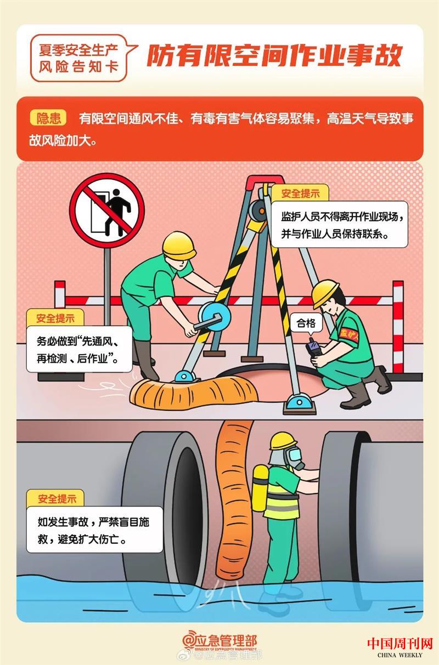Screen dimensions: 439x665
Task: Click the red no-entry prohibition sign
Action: tap(107, 211)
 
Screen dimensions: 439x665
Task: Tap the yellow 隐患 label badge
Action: tap(48, 118)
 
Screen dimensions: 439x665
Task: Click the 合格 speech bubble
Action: tap(306, 323)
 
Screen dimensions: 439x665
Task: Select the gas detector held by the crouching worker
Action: tap(315, 349)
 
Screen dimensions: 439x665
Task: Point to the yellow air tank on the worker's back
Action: tap(260, 492)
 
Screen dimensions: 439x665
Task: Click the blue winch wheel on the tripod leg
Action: tap(215, 317)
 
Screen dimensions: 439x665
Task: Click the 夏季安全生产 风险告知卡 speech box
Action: tap(79, 58)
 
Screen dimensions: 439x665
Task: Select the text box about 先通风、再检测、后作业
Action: tap(79, 349)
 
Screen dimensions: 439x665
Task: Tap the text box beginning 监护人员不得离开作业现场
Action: tap(340, 224)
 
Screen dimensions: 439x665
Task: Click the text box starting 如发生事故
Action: tap(94, 530)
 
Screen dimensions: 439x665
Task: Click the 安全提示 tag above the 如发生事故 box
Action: tap(55, 499)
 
